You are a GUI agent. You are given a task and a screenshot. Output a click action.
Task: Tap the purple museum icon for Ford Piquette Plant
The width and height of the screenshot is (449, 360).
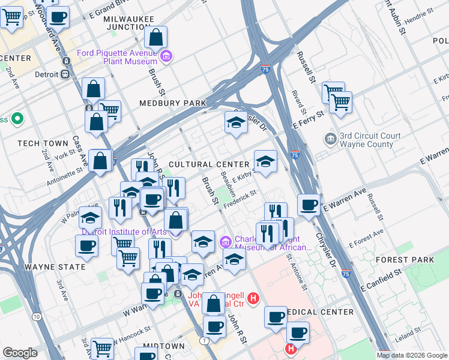point(166,57)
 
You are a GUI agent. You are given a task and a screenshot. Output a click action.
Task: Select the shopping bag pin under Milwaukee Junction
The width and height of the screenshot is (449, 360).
point(155,38)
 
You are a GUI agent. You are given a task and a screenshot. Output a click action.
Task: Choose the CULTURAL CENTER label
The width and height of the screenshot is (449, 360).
point(208,164)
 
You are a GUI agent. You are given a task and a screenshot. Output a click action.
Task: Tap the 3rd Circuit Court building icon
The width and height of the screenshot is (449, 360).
point(330,139)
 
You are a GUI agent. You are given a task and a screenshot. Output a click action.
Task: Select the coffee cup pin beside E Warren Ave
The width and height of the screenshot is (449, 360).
point(309,205)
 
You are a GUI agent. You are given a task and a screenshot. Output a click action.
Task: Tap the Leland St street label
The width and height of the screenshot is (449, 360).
point(408,331)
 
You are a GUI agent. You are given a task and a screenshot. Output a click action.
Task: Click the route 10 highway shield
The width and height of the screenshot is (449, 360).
point(37,316)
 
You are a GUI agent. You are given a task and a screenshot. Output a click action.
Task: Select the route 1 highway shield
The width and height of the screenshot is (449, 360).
point(205,340)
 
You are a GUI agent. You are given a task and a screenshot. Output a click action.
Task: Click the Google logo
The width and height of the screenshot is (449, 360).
point(20,353)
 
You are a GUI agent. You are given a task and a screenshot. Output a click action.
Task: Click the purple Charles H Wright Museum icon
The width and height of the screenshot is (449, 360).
point(226,242)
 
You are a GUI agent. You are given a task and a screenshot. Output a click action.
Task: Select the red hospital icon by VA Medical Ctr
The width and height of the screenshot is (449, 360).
point(253,298)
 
